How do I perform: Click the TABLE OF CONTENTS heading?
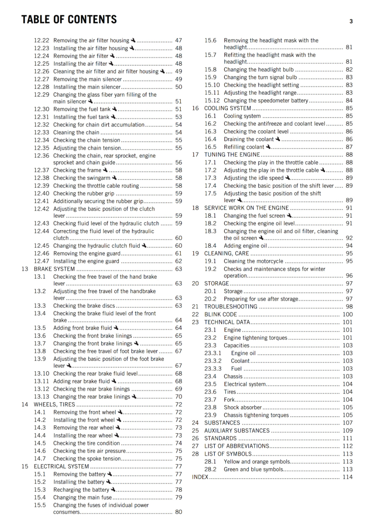69,20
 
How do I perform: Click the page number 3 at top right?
351,22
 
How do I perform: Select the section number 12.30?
41,109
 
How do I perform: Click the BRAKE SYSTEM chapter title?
54,269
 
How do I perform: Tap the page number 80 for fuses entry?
178,512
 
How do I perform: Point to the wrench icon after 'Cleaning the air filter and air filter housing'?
162,71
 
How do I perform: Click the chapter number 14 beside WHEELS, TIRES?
25,404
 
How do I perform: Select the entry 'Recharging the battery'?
81,490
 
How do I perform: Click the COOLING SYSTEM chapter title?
227,108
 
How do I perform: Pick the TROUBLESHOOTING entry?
231,307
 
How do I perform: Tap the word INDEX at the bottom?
200,477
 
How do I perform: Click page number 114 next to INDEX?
347,477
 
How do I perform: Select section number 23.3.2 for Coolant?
213,361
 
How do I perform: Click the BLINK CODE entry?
220,314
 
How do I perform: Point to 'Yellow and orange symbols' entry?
257,461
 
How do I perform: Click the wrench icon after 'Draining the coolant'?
278,139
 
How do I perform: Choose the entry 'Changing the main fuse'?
82,497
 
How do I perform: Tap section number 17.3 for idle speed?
210,178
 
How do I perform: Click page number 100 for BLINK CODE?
347,314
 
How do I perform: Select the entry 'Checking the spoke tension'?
87,458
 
